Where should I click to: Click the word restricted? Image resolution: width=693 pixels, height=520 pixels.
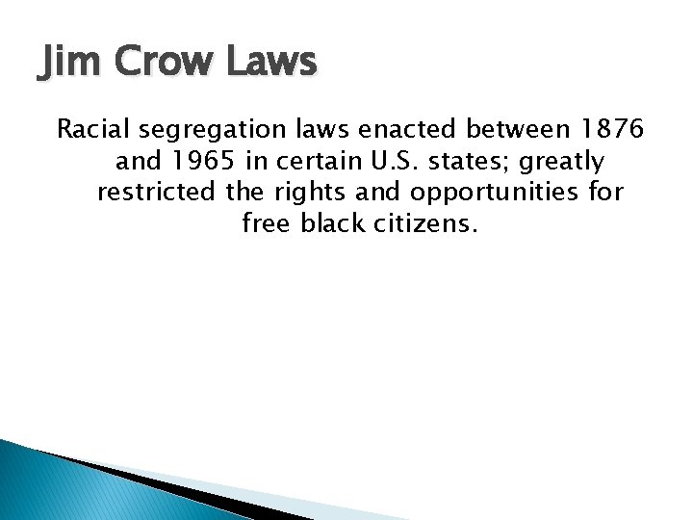coord(156,193)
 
